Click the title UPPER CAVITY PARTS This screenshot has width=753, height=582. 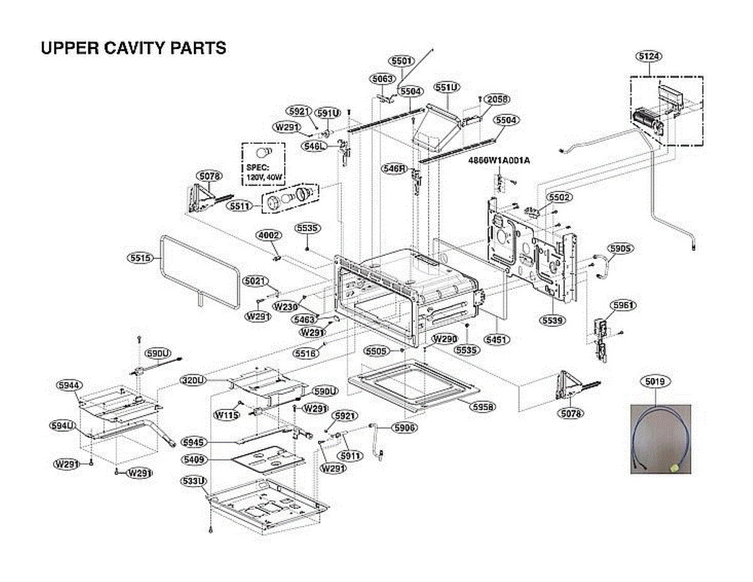click(133, 48)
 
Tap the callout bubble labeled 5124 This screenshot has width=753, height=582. click(649, 57)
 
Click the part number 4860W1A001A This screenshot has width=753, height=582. click(499, 160)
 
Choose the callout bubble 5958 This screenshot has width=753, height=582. click(483, 407)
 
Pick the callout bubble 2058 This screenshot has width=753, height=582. click(497, 99)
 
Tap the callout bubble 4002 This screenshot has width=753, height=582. click(269, 235)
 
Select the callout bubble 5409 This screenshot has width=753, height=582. click(195, 460)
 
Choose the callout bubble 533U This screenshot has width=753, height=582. click(193, 482)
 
